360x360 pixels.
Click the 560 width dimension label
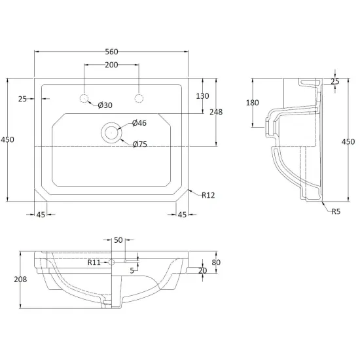tap(111, 52)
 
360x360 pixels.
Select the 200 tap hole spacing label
tap(111, 65)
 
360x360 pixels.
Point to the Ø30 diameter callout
tap(105, 105)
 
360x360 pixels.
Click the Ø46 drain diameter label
tap(139, 123)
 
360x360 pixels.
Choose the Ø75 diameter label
tap(140, 144)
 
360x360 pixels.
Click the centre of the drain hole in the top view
tap(111, 132)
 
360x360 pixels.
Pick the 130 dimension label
tap(202, 96)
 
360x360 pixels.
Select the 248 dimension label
tap(216, 112)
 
